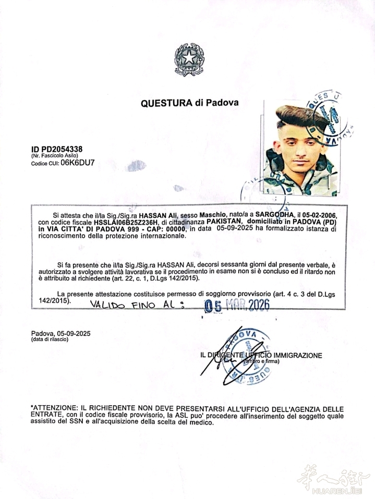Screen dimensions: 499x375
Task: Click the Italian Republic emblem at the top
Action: coord(187,60)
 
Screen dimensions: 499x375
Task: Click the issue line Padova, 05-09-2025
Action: coord(60,333)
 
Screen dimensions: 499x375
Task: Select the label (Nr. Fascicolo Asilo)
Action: coord(54,156)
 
